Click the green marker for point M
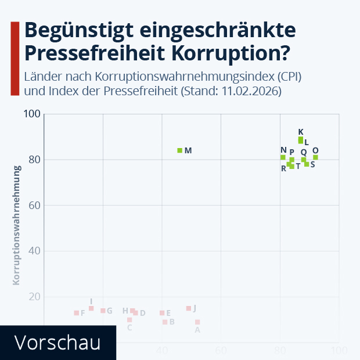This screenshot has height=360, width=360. [180, 150]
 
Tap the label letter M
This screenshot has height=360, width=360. [188, 150]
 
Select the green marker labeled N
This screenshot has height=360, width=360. [283, 157]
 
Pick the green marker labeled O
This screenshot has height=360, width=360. [315, 157]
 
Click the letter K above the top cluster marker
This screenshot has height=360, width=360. [301, 132]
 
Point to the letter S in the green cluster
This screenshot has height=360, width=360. [312, 164]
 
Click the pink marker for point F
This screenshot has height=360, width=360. [76, 313]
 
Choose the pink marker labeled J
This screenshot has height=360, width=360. [189, 308]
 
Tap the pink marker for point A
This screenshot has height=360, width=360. [197, 322]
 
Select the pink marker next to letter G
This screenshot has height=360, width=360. [103, 311]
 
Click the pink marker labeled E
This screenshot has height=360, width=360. [162, 313]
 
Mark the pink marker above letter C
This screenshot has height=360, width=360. [129, 320]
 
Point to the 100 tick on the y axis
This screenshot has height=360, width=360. [33, 114]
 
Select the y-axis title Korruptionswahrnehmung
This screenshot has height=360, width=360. [17, 225]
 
